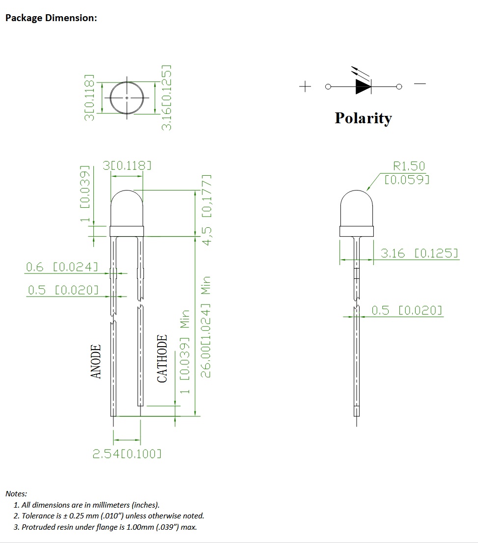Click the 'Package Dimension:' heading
click(x=51, y=18)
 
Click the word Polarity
click(x=363, y=118)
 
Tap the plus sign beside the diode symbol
click(x=305, y=86)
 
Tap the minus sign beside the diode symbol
click(x=420, y=83)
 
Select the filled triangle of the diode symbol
click(x=363, y=86)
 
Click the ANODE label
click(x=96, y=361)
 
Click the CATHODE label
click(x=162, y=358)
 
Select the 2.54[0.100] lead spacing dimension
click(x=127, y=454)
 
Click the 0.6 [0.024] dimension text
click(x=62, y=267)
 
